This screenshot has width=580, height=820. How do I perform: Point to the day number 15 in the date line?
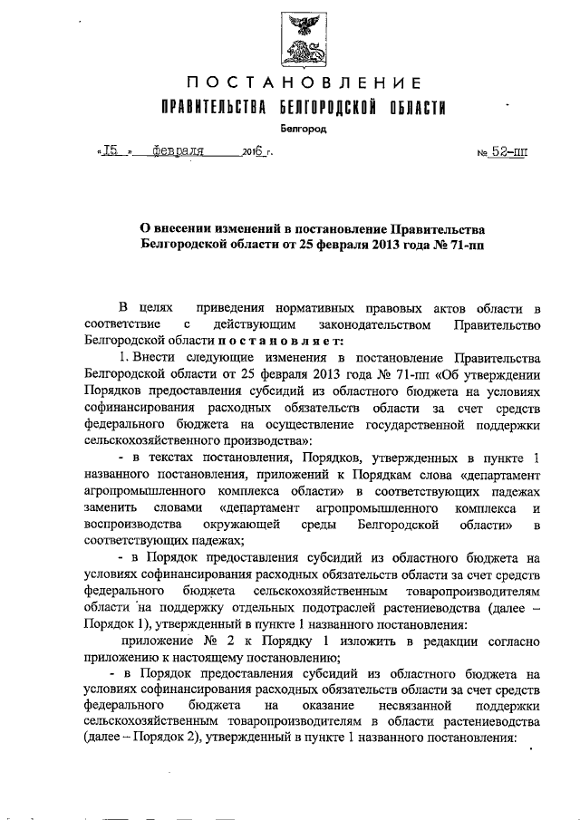(x=111, y=151)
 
